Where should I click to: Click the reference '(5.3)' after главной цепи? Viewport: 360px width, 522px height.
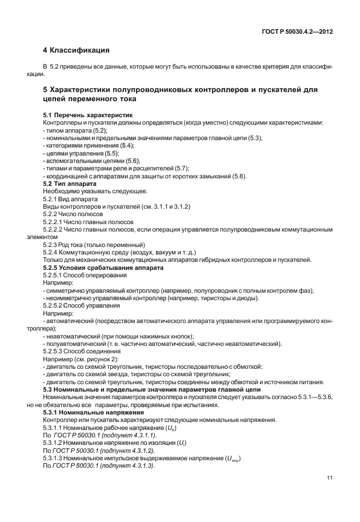251,138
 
